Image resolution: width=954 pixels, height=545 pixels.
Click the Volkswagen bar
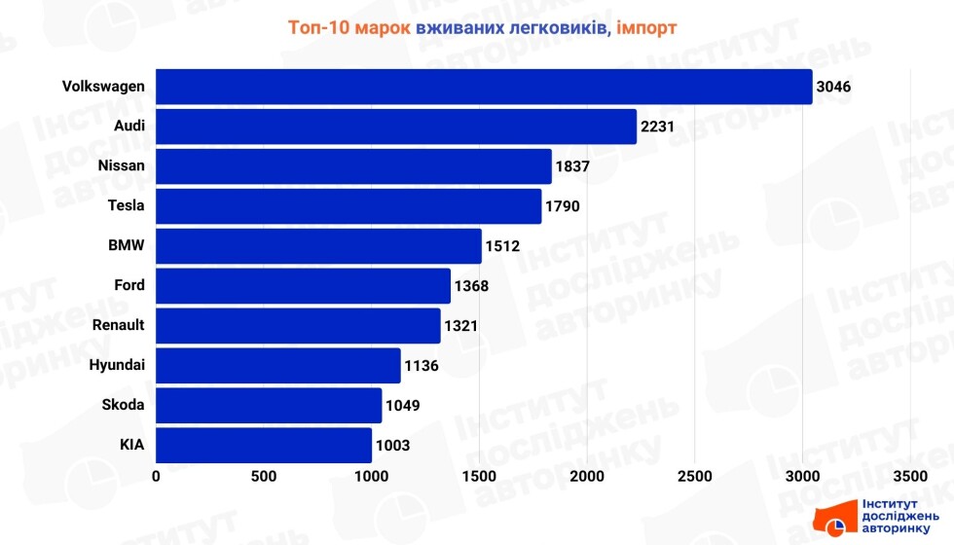[484, 87]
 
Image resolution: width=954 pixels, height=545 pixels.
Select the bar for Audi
[396, 127]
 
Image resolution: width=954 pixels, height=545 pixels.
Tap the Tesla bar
[349, 206]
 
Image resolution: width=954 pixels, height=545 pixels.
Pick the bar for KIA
[264, 445]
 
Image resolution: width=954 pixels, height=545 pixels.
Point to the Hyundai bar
[278, 366]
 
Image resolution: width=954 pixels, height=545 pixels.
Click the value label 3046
[834, 87]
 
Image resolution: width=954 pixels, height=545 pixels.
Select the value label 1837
[572, 166]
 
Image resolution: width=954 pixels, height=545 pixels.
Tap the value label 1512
[502, 246]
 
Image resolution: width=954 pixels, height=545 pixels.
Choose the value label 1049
[402, 405]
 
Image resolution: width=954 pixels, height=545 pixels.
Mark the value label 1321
[460, 325]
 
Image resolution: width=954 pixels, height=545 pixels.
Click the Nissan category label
[122, 165]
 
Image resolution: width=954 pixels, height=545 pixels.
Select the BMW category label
[127, 245]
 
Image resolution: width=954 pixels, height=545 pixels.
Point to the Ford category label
[129, 285]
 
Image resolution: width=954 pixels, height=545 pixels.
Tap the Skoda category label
[124, 405]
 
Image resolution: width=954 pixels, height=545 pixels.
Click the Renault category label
[118, 325]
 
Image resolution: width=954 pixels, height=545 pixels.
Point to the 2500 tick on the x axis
[694, 476]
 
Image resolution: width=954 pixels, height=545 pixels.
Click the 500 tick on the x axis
[264, 476]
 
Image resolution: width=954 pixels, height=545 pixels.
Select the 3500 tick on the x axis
[909, 476]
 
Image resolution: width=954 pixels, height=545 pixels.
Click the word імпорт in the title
[646, 27]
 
